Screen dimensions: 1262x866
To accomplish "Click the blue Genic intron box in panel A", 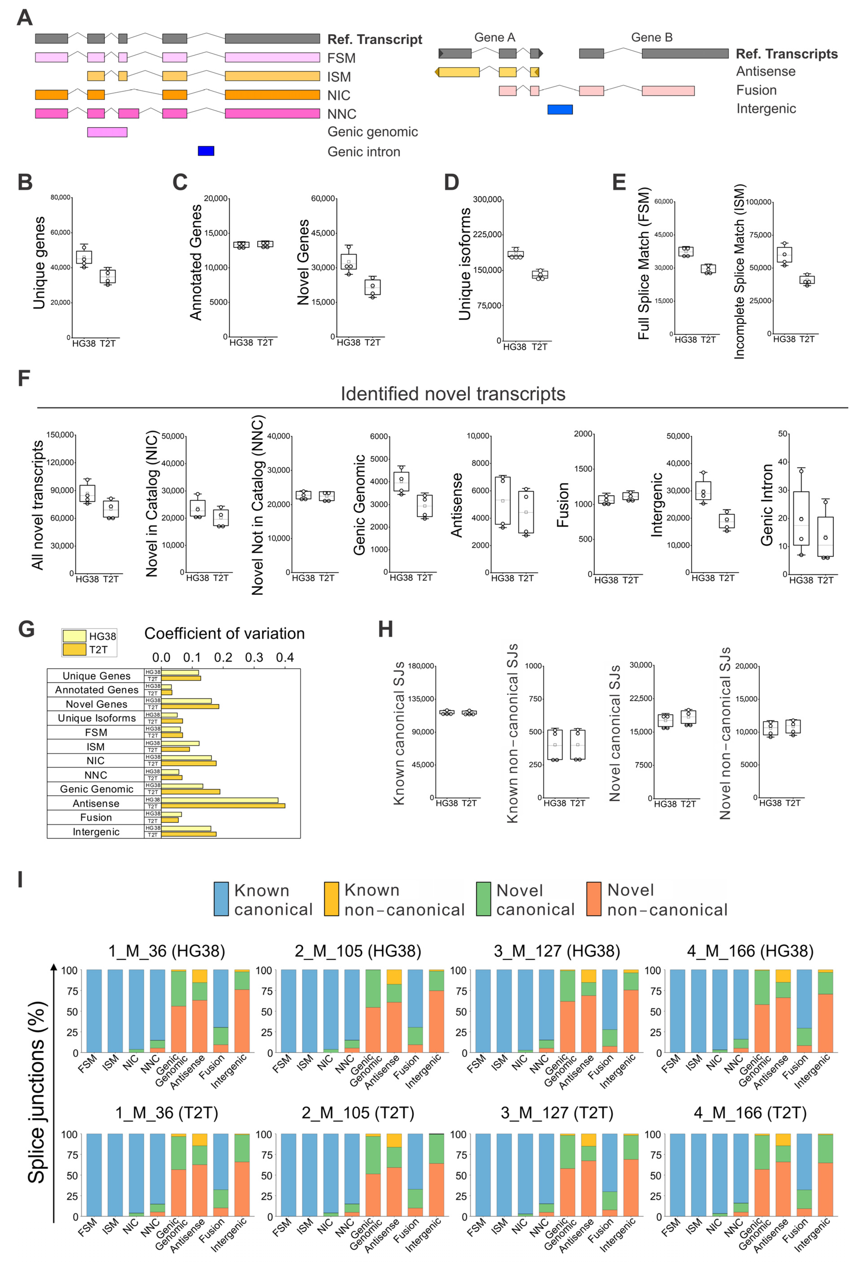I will [x=206, y=151].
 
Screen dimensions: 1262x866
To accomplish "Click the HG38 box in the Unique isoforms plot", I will [x=515, y=254].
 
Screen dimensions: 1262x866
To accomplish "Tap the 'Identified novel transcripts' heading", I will [x=453, y=394].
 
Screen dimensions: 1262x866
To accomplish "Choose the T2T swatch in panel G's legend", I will [x=74, y=649].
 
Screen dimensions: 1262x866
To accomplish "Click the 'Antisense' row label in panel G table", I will [x=96, y=803].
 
